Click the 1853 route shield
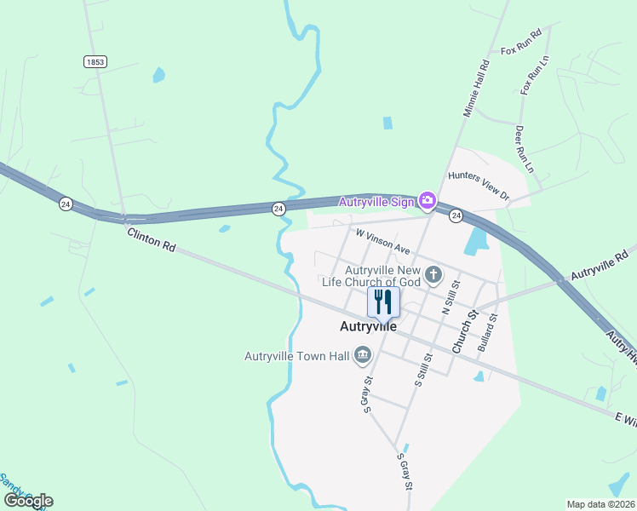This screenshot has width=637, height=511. (95, 61)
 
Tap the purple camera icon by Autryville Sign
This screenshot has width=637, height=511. (428, 201)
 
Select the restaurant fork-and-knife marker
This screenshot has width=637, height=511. (382, 301)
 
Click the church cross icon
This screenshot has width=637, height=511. (433, 274)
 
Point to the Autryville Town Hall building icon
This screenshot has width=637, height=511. (363, 354)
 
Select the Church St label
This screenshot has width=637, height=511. (462, 333)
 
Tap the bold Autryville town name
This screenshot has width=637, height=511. (368, 325)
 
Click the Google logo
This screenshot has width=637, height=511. (28, 501)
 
